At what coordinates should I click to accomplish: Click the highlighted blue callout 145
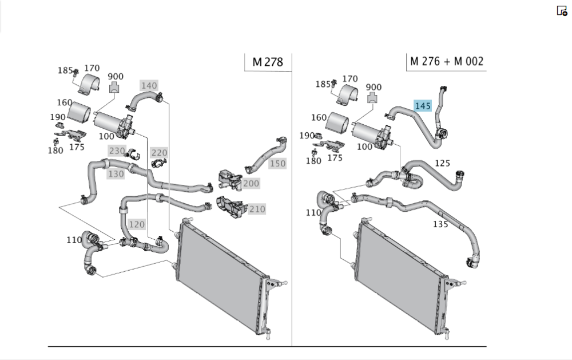[x=423, y=106]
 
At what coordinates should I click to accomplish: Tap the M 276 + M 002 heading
[x=447, y=61]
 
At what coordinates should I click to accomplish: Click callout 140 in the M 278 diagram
[x=149, y=86]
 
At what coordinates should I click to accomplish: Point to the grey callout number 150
[x=277, y=164]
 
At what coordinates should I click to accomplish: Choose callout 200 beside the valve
[x=251, y=184]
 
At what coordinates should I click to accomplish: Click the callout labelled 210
[x=257, y=209]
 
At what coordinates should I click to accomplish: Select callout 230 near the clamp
[x=117, y=151]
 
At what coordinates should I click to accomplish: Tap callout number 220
[x=159, y=153]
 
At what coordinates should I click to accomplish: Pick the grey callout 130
[x=116, y=173]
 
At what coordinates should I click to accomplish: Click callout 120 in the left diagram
[x=137, y=224]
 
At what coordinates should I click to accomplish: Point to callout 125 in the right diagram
[x=442, y=163]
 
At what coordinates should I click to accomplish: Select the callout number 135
[x=440, y=224]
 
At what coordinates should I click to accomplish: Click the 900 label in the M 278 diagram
[x=116, y=77]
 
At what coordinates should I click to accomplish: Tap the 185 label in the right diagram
[x=323, y=84]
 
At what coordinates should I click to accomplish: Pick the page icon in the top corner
[x=562, y=11]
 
